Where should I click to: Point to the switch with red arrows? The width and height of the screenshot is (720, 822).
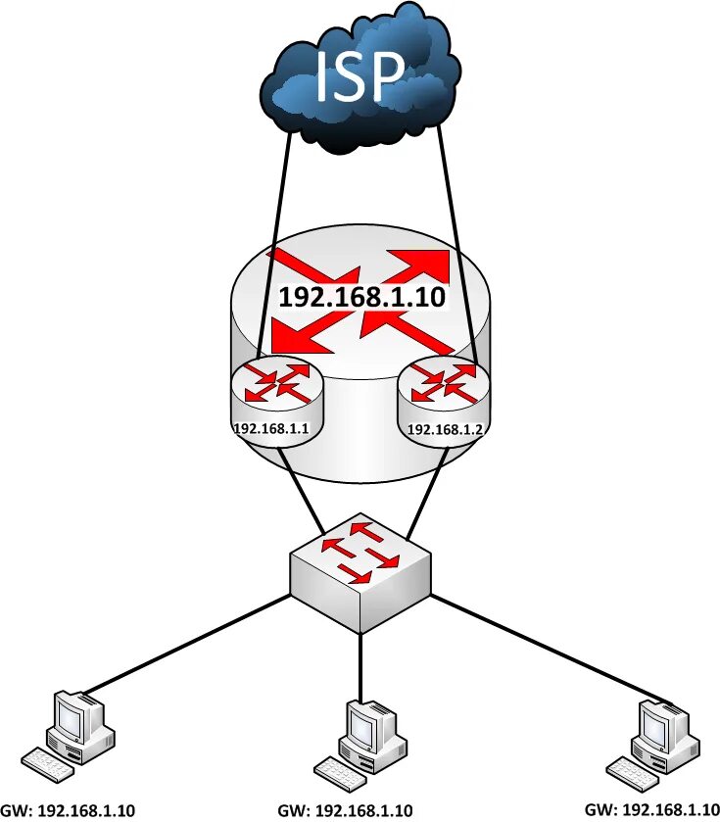coord(360,568)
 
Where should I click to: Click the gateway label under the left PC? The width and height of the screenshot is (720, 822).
coord(69,810)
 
